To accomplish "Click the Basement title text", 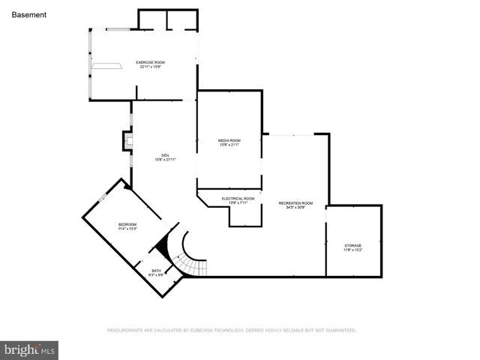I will (x=29, y=14).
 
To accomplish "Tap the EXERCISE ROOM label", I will (x=150, y=61).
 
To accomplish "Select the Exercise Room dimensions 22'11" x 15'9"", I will (x=150, y=67).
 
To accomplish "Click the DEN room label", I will (x=164, y=155).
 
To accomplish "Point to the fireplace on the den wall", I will (x=127, y=141).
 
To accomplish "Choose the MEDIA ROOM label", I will (x=229, y=140).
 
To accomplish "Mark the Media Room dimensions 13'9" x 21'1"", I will (x=229, y=145).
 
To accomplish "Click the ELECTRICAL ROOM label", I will (x=238, y=199).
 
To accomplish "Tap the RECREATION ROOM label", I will (x=295, y=203).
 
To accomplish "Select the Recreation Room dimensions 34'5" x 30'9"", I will (x=295, y=208).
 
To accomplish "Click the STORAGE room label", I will (x=352, y=245).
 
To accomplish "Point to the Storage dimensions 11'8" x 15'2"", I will (x=352, y=250).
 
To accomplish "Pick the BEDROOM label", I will (x=127, y=225).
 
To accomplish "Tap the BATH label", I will (x=156, y=270).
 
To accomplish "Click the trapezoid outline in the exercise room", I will (x=106, y=66).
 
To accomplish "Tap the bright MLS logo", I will (x=30, y=349).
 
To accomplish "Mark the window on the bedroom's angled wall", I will (x=103, y=198).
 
